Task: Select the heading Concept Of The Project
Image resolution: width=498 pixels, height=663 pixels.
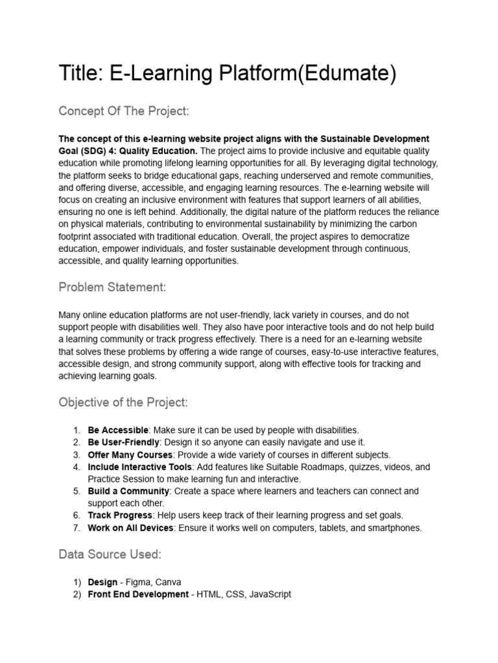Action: point(124,111)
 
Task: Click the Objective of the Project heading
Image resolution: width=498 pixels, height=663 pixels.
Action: point(123,403)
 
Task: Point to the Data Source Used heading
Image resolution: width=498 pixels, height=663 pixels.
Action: point(110,554)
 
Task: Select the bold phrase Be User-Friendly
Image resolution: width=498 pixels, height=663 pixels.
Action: point(123,442)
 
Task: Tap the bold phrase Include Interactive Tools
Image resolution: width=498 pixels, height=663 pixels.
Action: point(139,467)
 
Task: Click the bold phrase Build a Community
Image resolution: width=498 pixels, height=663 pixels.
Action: point(128,491)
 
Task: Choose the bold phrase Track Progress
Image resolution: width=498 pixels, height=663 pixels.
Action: point(120,516)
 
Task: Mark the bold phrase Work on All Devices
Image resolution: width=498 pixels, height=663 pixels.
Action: point(130,528)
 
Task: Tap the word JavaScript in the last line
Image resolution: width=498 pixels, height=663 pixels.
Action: point(270,594)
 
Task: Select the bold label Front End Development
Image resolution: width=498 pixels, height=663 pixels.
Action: point(138,594)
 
